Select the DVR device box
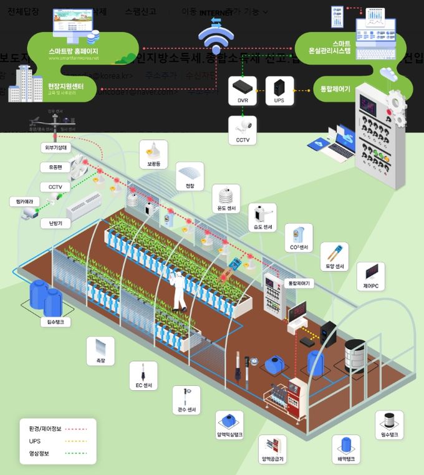(243, 90)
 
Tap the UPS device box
(278, 90)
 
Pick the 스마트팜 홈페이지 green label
(73, 50)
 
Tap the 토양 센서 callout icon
(334, 254)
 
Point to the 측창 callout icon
(100, 347)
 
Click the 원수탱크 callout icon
(389, 421)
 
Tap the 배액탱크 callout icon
(346, 446)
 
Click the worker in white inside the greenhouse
(178, 290)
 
